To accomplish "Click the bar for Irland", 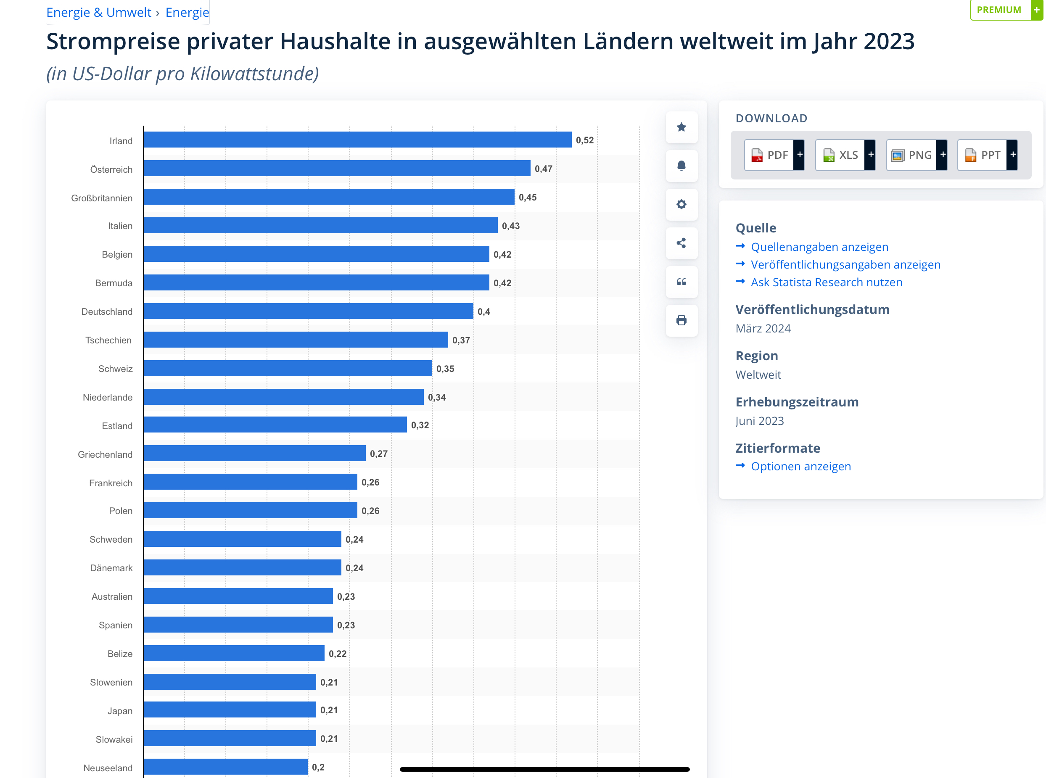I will pyautogui.click(x=357, y=140).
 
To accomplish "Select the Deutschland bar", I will pyautogui.click(x=308, y=311).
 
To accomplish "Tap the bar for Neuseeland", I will pyautogui.click(x=225, y=767).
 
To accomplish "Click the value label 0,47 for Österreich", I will pyautogui.click(x=543, y=169).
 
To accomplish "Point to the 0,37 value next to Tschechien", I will pyautogui.click(x=461, y=340).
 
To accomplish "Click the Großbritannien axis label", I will pyautogui.click(x=102, y=198).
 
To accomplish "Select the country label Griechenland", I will pyautogui.click(x=105, y=454).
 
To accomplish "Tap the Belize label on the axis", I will pyautogui.click(x=120, y=654).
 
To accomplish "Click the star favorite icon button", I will pyautogui.click(x=681, y=127).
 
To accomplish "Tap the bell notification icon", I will pyautogui.click(x=681, y=166).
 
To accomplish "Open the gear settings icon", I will pyautogui.click(x=681, y=204).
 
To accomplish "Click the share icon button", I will pyautogui.click(x=681, y=243).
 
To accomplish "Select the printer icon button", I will pyautogui.click(x=681, y=321).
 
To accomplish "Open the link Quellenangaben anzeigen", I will pyautogui.click(x=819, y=247).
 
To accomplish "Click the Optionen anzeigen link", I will pyautogui.click(x=800, y=466).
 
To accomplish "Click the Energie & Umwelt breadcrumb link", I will pyautogui.click(x=98, y=12).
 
